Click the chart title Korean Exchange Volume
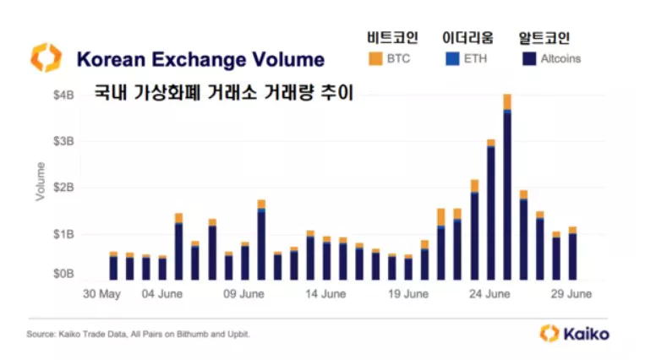pos(200,59)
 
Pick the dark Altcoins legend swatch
pos(528,59)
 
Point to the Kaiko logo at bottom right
pos(575,333)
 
